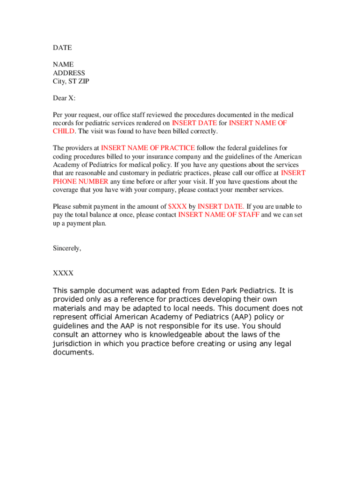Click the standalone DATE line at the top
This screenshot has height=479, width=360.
62,48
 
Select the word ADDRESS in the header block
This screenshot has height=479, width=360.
69,73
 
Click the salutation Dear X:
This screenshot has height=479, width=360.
64,98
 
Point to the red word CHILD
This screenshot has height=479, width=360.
64,131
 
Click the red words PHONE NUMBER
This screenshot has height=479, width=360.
80,181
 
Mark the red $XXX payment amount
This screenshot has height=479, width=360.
178,206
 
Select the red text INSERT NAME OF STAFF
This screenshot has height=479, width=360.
219,215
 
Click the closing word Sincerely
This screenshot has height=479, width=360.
67,248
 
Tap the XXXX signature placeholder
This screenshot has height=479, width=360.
63,273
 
